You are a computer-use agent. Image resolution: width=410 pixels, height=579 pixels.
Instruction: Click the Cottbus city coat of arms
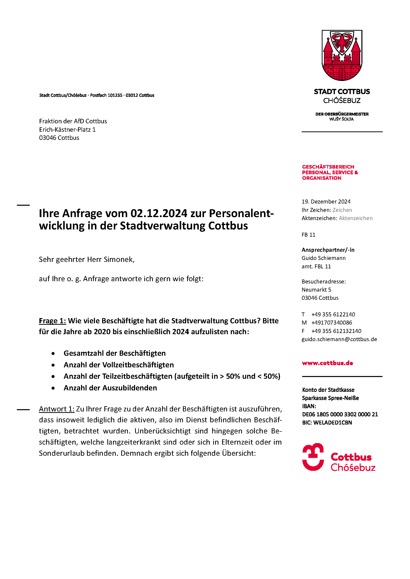click(x=342, y=55)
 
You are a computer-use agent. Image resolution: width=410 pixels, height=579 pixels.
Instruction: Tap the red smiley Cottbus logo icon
click(x=313, y=457)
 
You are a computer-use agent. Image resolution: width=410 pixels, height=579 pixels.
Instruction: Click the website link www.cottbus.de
click(x=327, y=363)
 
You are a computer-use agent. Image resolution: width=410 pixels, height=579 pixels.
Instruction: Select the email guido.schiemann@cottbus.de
click(x=339, y=339)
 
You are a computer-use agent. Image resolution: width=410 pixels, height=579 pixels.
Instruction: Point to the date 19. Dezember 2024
click(x=326, y=201)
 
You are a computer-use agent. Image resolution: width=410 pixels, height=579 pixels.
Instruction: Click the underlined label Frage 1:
click(x=52, y=321)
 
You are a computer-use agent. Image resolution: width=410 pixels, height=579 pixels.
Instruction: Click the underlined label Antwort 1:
click(x=57, y=409)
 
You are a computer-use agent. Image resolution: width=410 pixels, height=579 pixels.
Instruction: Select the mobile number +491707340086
click(x=331, y=323)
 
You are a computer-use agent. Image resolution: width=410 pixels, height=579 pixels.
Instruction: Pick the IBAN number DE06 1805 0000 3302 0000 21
click(x=340, y=414)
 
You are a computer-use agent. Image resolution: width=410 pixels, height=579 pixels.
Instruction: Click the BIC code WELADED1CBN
click(x=332, y=423)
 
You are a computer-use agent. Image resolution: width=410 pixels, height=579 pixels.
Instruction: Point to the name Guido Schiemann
click(x=323, y=258)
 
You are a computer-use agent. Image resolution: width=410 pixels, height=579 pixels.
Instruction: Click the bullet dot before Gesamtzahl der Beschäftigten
click(x=53, y=353)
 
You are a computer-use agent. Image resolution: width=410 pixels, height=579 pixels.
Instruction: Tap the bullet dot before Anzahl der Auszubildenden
click(x=53, y=388)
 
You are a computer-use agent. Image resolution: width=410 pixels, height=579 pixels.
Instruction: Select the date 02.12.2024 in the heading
click(x=159, y=213)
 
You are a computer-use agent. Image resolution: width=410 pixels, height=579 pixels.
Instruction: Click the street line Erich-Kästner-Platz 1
click(x=67, y=130)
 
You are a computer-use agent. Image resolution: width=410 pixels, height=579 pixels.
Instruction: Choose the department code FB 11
click(x=308, y=235)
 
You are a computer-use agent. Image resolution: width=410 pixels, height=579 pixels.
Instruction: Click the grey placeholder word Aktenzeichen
click(x=355, y=218)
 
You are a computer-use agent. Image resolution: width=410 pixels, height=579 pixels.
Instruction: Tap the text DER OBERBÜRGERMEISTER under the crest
click(x=342, y=114)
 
